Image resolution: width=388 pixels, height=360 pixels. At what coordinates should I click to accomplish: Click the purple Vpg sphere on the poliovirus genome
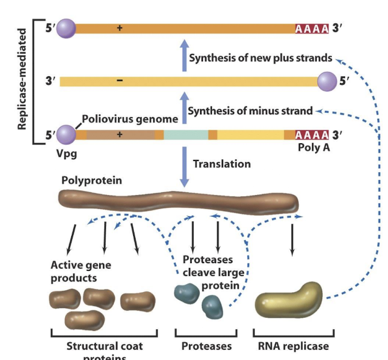(x=66, y=135)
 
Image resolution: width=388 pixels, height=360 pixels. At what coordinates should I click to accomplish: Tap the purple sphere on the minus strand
(x=327, y=81)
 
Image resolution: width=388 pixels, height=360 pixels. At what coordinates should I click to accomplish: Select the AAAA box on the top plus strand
(x=312, y=28)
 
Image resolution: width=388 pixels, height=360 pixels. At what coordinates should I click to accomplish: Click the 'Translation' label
(x=221, y=164)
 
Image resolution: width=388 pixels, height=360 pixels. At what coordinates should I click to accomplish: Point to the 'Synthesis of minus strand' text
(x=250, y=111)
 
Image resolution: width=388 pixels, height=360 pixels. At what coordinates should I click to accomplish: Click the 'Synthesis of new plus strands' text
(x=260, y=58)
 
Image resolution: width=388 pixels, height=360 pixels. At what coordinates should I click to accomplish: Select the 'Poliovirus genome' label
(x=130, y=119)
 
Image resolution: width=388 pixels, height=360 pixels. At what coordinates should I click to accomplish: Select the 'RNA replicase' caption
(x=294, y=346)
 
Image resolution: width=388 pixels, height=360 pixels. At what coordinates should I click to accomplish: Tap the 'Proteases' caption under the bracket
(x=206, y=346)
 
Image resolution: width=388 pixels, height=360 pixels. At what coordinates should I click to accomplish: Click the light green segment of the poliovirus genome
(x=186, y=135)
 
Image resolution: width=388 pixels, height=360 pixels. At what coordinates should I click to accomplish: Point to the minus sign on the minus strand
(x=119, y=81)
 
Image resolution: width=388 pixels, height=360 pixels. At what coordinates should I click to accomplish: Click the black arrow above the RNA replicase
(x=292, y=240)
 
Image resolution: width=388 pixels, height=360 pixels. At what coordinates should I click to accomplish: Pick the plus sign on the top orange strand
(x=119, y=28)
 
